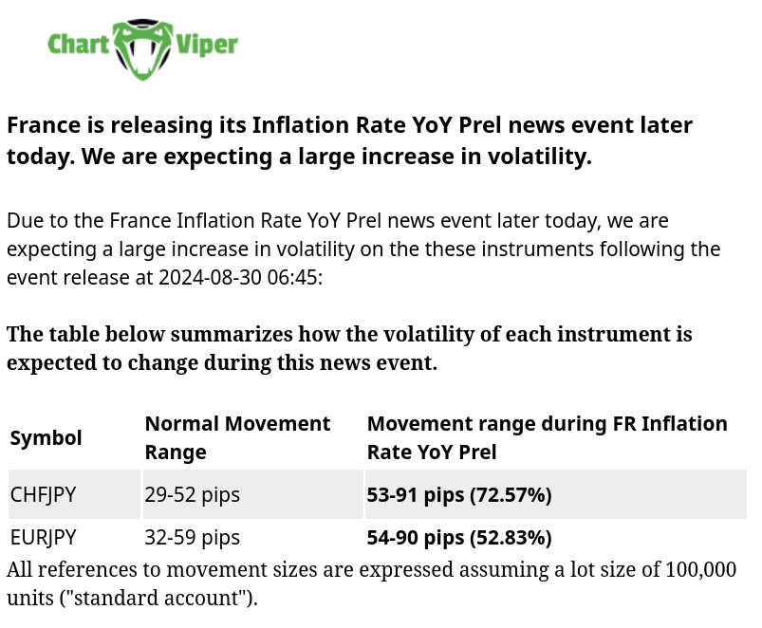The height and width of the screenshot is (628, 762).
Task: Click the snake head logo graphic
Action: [142, 49]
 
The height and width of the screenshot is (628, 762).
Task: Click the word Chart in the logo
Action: [78, 45]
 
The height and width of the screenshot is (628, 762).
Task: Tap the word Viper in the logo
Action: [207, 46]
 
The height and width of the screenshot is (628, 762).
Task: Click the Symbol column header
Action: [46, 438]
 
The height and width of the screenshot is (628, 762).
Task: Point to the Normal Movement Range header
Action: [237, 437]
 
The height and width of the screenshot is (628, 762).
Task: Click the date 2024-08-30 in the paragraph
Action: [210, 277]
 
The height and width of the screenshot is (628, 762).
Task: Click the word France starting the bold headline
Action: [44, 125]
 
